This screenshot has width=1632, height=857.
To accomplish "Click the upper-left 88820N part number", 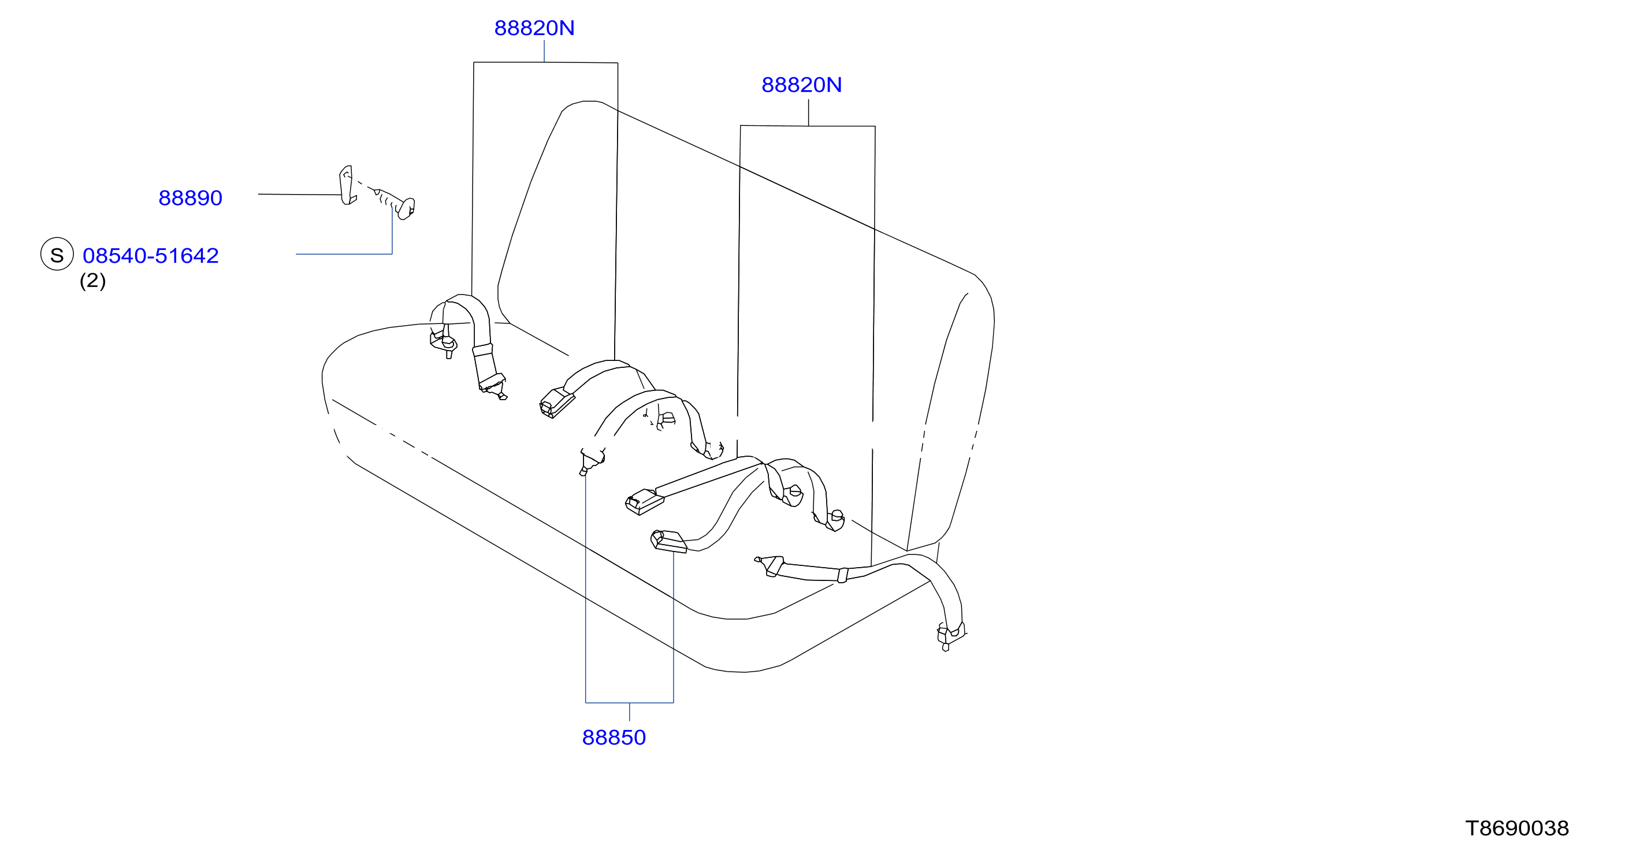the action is pyautogui.click(x=534, y=28).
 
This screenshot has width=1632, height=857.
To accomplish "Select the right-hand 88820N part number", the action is pyautogui.click(x=801, y=85).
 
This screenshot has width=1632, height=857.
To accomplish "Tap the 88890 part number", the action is pyautogui.click(x=190, y=198).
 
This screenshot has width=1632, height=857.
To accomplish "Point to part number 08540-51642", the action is pyautogui.click(x=151, y=255).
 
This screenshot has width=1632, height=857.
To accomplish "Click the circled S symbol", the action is pyautogui.click(x=57, y=254).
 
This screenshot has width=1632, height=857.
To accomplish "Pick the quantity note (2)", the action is pyautogui.click(x=92, y=280).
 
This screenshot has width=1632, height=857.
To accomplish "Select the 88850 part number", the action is pyautogui.click(x=614, y=737).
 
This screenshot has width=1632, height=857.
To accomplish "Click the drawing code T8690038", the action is pyautogui.click(x=1516, y=828).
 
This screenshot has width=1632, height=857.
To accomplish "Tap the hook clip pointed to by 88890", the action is pyautogui.click(x=347, y=185).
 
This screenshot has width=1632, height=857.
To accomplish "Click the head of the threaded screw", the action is pyautogui.click(x=406, y=208).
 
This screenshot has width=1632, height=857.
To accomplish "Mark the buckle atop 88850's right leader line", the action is pyautogui.click(x=668, y=542).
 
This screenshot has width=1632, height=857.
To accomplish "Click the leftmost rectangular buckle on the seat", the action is pyautogui.click(x=557, y=402).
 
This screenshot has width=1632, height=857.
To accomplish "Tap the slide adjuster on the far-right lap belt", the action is pyautogui.click(x=843, y=575).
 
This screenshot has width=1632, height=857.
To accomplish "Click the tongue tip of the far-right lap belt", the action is pyautogui.click(x=758, y=559).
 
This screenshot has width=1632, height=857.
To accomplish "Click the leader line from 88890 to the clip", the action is pyautogui.click(x=300, y=195).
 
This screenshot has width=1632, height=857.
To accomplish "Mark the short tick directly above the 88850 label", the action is pyautogui.click(x=629, y=712).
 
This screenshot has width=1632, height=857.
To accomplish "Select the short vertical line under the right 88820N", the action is pyautogui.click(x=808, y=112).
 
